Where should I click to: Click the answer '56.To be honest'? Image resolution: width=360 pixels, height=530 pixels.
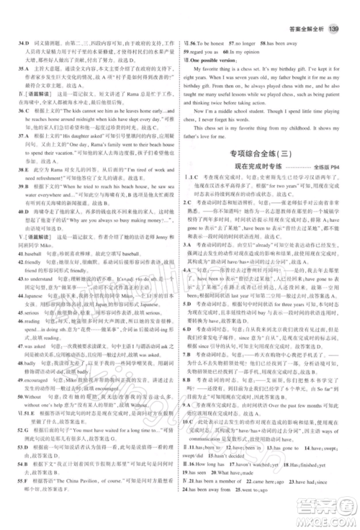tap(212, 42)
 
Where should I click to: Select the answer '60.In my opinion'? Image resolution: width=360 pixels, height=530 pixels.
tap(256, 51)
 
